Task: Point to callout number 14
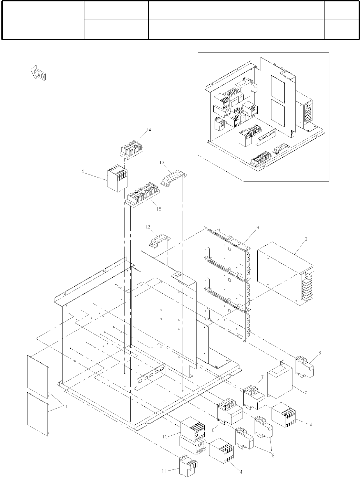click(148, 130)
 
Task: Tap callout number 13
click(162, 162)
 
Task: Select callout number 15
click(159, 209)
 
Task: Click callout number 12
click(147, 227)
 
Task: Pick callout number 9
click(257, 227)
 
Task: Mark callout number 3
click(306, 238)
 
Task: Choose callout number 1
click(66, 406)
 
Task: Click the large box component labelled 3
click(284, 272)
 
